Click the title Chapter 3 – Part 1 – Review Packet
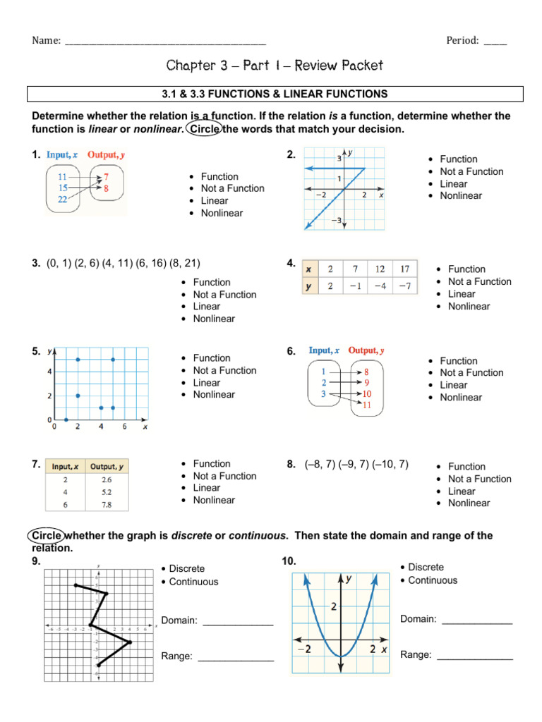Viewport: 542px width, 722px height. point(275,66)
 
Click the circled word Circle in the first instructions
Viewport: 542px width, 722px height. point(204,129)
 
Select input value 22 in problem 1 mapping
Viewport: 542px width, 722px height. point(63,200)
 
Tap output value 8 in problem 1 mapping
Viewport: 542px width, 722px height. point(107,188)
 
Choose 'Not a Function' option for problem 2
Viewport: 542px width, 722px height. point(471,171)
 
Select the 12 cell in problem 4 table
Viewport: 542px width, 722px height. point(380,269)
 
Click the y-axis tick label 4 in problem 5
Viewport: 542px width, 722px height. point(49,372)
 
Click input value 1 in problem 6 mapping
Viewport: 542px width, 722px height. point(323,371)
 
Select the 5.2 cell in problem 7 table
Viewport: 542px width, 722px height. point(107,491)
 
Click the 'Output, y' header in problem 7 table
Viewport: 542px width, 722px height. point(107,466)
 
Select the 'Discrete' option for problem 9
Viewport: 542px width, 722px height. point(187,568)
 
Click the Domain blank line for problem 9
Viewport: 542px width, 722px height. point(238,621)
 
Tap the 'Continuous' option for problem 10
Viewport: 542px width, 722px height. point(433,580)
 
